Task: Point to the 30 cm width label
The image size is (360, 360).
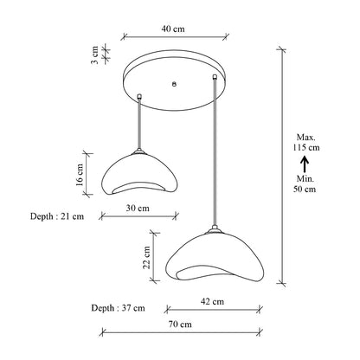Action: coord(138,209)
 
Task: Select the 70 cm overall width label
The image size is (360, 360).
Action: coord(180,325)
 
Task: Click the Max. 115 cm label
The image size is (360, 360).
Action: coord(306,143)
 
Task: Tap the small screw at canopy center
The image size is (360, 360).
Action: coord(175,84)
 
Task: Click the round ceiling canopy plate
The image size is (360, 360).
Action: coord(177,79)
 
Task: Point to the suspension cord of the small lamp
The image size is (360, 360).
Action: coord(139,121)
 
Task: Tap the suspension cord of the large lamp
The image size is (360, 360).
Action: coord(213,156)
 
